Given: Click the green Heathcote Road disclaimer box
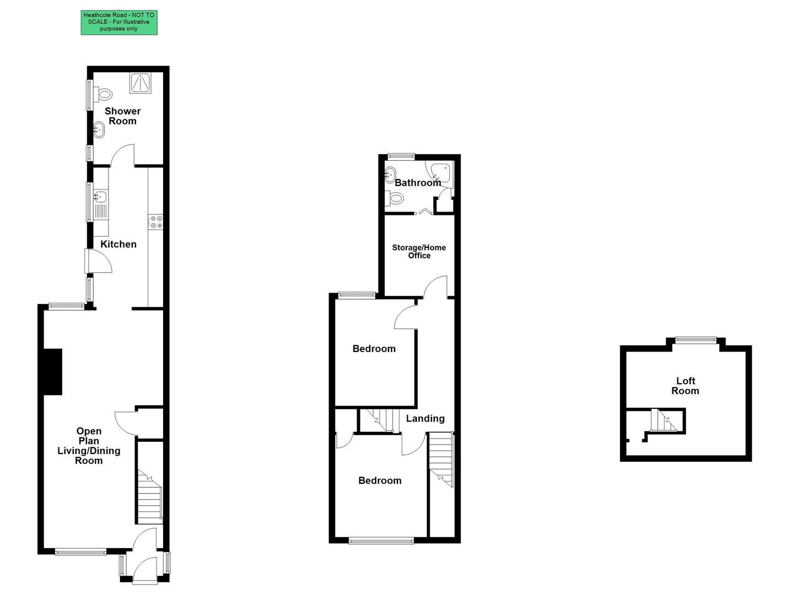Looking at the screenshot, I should [119, 22].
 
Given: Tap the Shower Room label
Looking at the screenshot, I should [123, 116].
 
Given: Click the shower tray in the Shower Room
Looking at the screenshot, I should [141, 83].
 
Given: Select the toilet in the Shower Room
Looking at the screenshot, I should [103, 94].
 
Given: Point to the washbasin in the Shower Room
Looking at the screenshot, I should [99, 130].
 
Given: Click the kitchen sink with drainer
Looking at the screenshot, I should [101, 204].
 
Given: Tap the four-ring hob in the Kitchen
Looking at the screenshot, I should [156, 221].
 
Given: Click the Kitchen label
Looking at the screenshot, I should [118, 244].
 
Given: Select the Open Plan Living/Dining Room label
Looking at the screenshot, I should [89, 446].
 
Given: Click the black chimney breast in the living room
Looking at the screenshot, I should [53, 372].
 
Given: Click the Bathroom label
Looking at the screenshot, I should [418, 182].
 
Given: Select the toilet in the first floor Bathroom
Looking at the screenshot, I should [395, 198].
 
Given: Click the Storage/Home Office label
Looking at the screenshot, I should [419, 251].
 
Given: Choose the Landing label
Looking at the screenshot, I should [425, 419].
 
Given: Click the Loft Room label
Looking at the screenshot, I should [685, 386].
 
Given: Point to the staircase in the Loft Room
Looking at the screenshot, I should [663, 421].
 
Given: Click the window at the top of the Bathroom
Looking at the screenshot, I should [401, 156].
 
